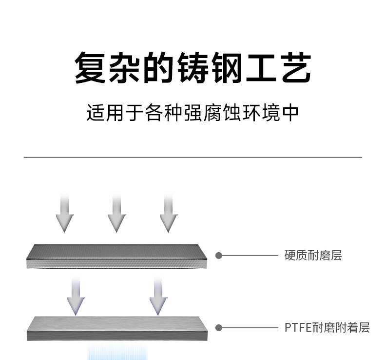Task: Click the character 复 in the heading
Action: coord(91,68)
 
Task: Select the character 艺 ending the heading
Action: coord(294,68)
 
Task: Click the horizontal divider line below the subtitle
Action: coord(192,157)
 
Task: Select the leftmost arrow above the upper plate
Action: coord(64,213)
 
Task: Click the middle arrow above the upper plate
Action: coord(116,213)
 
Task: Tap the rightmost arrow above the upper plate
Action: coord(168,213)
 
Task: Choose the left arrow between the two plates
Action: coord(76,296)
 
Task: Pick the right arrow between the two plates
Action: coord(157,296)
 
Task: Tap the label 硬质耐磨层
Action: coord(313,255)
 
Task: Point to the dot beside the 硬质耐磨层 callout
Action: coord(219,255)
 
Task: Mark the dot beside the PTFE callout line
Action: coord(219,327)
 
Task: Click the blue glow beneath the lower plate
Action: coord(117,351)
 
